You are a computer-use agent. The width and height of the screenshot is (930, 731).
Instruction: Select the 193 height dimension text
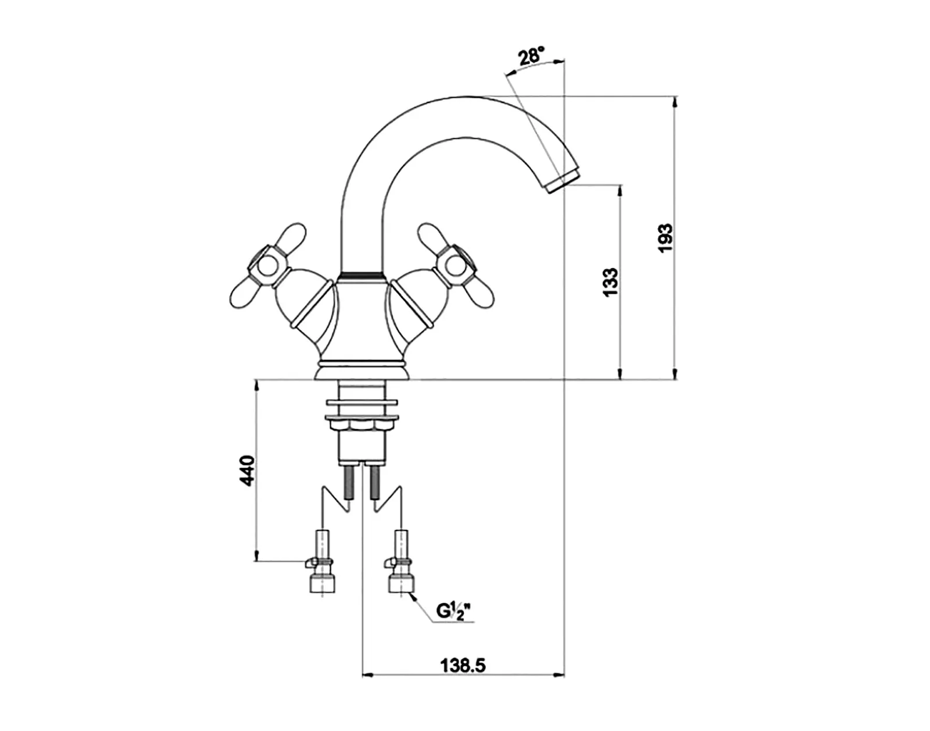666,238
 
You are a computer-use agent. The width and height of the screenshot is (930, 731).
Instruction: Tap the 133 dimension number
610,281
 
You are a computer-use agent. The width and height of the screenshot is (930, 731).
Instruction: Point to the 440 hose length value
247,471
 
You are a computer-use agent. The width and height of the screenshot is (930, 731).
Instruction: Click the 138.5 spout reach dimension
463,665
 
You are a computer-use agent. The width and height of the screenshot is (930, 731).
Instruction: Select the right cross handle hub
456,265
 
